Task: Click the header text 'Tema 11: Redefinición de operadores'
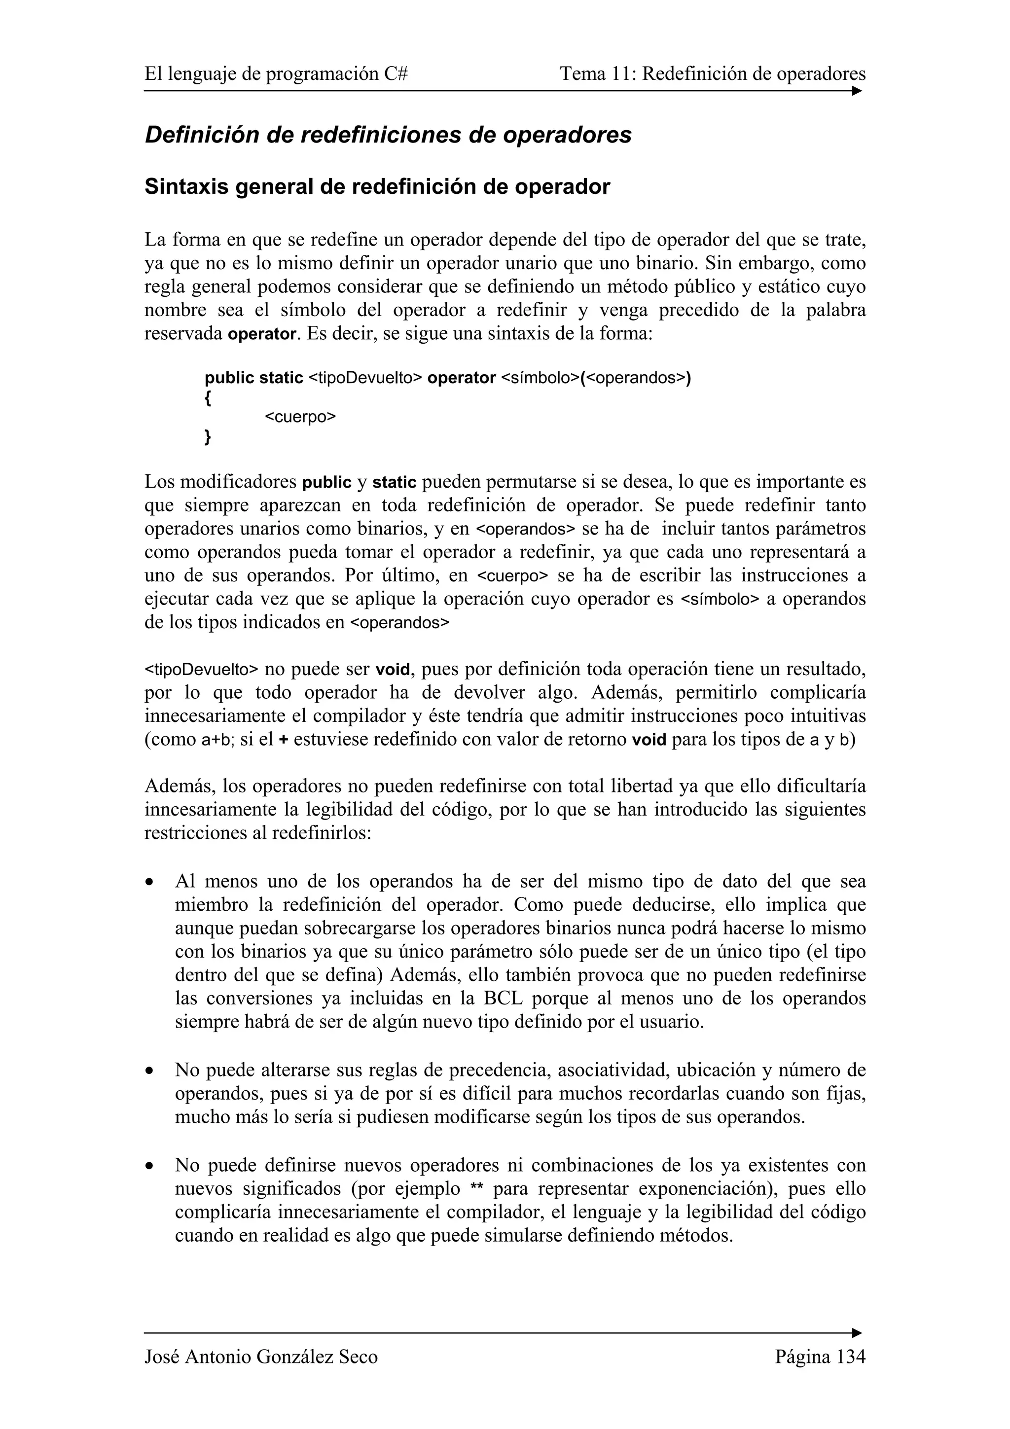(x=713, y=74)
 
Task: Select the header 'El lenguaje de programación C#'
(x=276, y=74)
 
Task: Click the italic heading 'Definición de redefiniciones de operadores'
(x=388, y=135)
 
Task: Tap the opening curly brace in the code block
(x=208, y=398)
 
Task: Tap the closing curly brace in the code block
(x=208, y=437)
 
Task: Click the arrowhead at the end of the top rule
(x=857, y=91)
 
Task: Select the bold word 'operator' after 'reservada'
(x=261, y=334)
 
